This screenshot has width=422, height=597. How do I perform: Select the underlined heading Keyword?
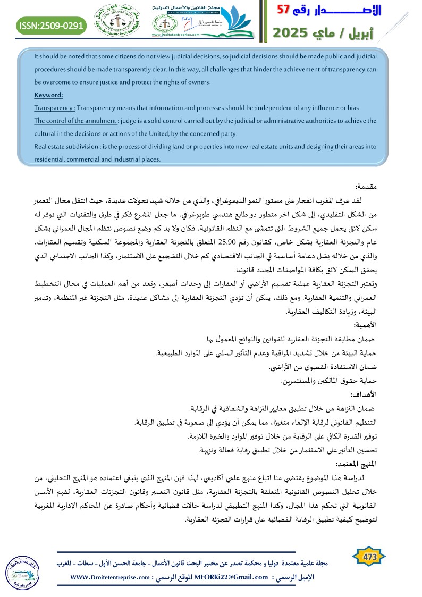48,95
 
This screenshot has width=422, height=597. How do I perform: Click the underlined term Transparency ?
54,108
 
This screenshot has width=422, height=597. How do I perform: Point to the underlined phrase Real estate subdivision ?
67,146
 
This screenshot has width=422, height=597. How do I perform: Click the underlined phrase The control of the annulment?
75,121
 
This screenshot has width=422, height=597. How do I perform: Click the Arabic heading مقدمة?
366,187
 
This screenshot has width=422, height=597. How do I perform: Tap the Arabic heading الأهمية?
364,324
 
